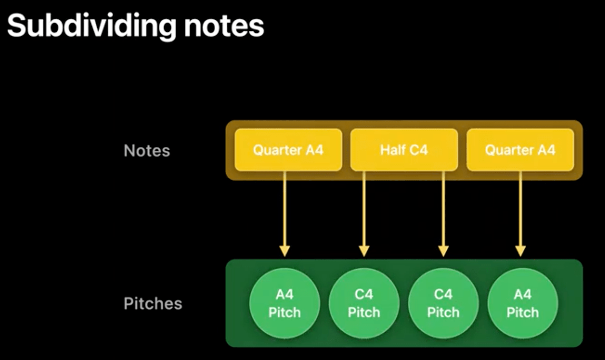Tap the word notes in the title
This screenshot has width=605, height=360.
pos(224,26)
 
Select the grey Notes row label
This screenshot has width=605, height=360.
pos(147,151)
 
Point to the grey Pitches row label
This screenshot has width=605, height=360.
pos(153,303)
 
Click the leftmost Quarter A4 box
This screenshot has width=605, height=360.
pos(288,150)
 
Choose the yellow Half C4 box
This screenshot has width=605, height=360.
pos(404,150)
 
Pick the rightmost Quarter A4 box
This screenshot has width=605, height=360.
pos(520,150)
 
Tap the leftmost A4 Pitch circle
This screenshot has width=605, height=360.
pos(285,303)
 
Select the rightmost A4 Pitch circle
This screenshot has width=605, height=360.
pos(523,303)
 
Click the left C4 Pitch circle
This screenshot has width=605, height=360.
pos(364,303)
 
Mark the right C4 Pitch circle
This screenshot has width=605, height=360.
pos(443,303)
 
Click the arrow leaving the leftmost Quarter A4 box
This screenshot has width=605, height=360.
pos(285,214)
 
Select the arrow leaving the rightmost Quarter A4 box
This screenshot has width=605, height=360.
pos(520,214)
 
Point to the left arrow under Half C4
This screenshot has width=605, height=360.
pos(364,214)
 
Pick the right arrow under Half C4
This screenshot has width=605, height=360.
pos(443,214)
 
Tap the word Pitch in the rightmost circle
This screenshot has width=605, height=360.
pos(523,312)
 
